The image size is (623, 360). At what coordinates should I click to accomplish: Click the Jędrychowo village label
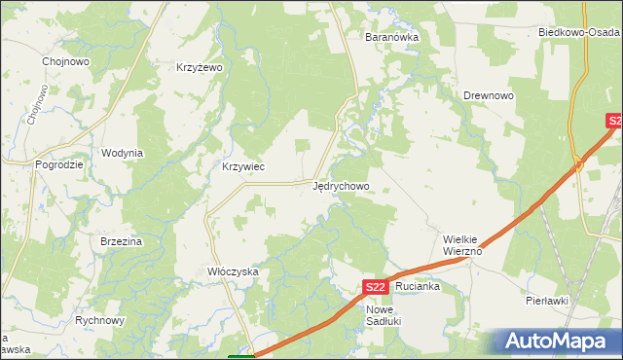point(341,185)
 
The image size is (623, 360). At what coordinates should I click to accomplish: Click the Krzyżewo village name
point(200,67)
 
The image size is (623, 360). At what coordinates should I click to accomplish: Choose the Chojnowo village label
point(66,60)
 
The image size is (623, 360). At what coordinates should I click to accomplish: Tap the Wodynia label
point(123,153)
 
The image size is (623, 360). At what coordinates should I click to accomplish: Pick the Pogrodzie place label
point(59,164)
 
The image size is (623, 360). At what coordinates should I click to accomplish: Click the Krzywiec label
point(243,166)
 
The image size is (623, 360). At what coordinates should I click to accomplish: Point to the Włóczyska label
point(233,272)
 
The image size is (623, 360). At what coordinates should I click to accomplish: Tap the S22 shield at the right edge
point(613,121)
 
